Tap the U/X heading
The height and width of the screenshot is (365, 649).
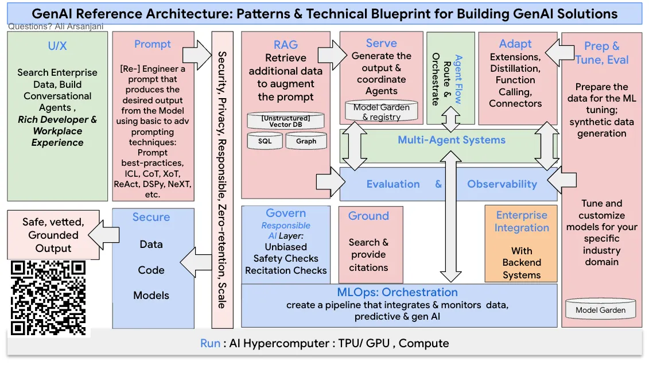57,45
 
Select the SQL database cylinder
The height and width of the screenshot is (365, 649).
265,141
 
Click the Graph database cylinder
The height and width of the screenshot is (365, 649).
306,141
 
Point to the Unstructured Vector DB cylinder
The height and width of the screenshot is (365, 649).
285,121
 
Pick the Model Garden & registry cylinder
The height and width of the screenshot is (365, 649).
381,111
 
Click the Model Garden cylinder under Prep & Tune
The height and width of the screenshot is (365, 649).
600,310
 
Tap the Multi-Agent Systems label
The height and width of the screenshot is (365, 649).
452,139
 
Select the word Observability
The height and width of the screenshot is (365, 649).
502,184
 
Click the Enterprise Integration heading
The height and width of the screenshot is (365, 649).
522,221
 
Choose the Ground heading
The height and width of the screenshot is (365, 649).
368,216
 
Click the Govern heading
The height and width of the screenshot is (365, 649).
286,213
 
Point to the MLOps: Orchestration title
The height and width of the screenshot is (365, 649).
397,292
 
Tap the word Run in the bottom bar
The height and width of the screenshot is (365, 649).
210,343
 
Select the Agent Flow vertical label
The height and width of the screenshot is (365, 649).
458,79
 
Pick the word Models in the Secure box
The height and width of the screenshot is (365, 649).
151,296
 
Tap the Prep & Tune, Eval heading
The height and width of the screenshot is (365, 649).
601,53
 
